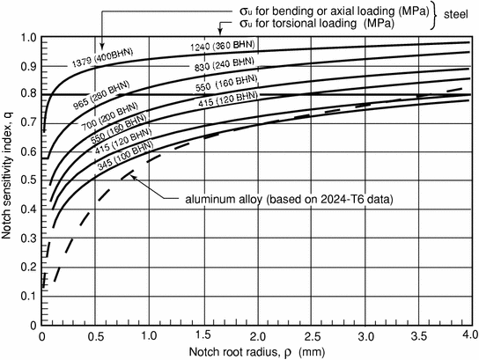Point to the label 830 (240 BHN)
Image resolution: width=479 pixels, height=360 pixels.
point(221,67)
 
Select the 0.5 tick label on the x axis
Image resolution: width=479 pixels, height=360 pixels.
point(96,336)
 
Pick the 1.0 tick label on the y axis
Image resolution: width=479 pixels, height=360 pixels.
point(29,39)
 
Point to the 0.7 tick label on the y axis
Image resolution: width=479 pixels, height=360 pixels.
point(29,124)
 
